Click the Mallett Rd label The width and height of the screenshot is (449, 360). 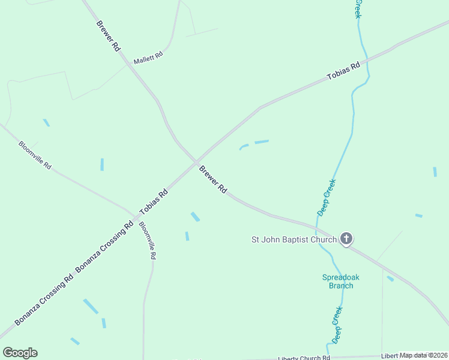pos(148,58)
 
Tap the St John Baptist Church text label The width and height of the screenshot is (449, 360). pos(294,239)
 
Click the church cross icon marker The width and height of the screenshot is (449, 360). pos(346,239)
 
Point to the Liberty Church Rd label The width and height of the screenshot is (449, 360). pos(300,358)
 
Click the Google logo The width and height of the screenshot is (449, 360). pos(20,353)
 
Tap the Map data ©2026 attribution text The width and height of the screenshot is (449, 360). pos(424,355)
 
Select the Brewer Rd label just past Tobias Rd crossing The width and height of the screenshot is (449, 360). pos(213,179)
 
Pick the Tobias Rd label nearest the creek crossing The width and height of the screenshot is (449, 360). pos(343,71)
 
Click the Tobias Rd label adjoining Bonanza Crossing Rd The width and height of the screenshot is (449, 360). pos(154,202)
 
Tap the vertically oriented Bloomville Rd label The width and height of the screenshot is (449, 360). pos(148,240)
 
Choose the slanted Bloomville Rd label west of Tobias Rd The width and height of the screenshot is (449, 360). pos(35,155)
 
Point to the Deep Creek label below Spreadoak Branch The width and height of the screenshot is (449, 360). pos(337,325)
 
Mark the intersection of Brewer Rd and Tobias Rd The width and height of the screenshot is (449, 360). pos(196,161)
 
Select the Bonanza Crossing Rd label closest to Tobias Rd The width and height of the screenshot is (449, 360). pos(104,251)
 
